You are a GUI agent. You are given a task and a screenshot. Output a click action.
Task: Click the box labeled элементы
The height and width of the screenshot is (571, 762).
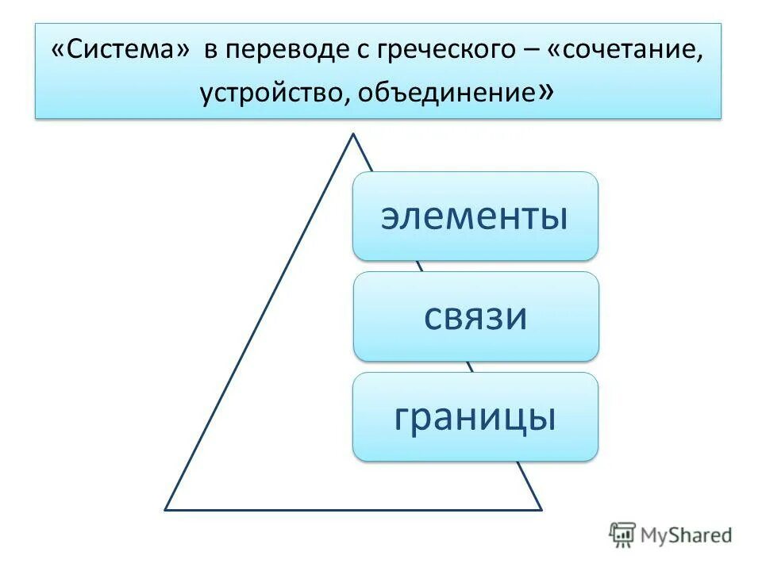pos(475,217)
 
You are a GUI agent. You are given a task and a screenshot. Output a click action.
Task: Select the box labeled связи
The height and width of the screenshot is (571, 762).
pos(475,316)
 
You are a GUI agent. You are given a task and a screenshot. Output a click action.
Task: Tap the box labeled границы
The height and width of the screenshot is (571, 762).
pos(475,417)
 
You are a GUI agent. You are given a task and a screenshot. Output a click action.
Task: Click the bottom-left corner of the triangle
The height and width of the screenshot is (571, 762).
pos(166,508)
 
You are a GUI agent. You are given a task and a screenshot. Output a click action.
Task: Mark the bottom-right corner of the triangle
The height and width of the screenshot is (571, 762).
pos(541,508)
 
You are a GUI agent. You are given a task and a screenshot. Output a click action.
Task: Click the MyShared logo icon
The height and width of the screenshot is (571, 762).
pos(622,535)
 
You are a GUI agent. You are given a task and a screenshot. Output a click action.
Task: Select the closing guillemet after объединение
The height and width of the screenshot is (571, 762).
pos(545,93)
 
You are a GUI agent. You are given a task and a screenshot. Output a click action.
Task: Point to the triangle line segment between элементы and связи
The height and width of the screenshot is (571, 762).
pos(421,266)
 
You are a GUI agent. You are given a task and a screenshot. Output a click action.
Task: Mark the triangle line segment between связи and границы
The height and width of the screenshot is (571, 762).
pos(470,366)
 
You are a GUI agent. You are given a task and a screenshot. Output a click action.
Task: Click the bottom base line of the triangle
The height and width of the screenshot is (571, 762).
pos(353,508)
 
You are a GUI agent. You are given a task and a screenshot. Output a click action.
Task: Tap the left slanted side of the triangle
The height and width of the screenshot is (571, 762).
pos(259,321)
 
